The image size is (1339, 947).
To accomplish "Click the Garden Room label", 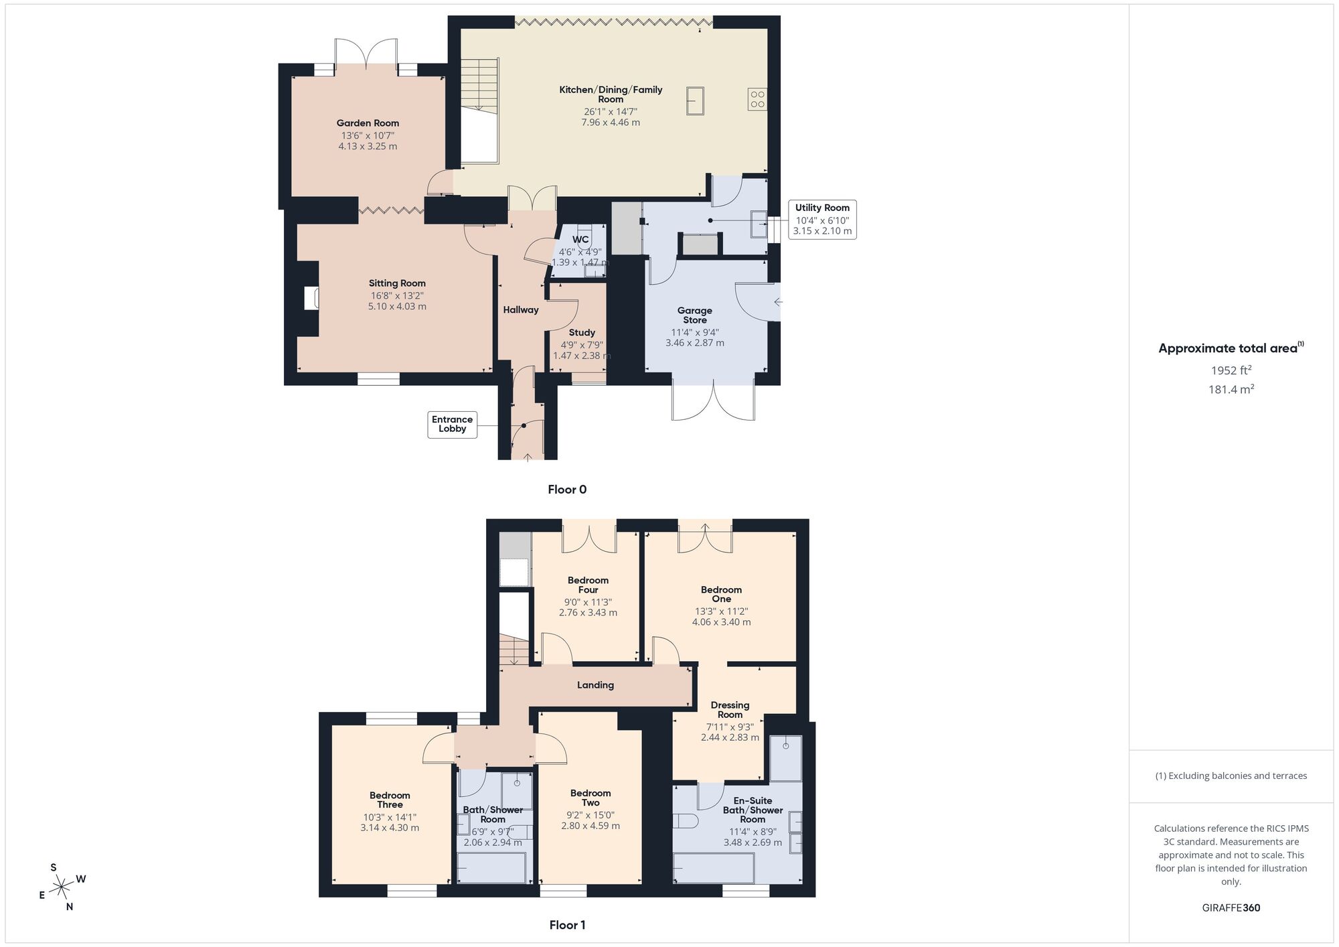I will pyautogui.click(x=368, y=123).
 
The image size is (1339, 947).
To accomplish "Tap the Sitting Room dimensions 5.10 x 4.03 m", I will pyautogui.click(x=397, y=307).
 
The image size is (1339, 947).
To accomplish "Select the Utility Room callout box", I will pyautogui.click(x=822, y=219).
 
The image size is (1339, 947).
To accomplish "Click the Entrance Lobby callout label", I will pyautogui.click(x=452, y=424).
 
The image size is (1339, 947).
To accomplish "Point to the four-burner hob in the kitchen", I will pyautogui.click(x=757, y=99).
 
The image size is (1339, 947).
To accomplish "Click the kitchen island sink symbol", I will pyautogui.click(x=695, y=101).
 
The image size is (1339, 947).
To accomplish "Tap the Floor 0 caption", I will pyautogui.click(x=566, y=490).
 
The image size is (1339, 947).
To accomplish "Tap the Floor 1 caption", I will pyautogui.click(x=567, y=925).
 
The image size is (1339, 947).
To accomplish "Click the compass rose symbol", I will pyautogui.click(x=62, y=887).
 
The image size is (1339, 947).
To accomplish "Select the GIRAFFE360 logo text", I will pyautogui.click(x=1231, y=908).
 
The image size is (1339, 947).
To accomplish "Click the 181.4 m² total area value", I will pyautogui.click(x=1231, y=389).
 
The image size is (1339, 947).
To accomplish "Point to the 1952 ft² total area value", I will pyautogui.click(x=1231, y=370).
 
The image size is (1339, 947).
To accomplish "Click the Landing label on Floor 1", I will pyautogui.click(x=595, y=685).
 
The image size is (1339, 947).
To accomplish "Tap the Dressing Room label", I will pyautogui.click(x=730, y=710).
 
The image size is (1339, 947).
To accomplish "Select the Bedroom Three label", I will pyautogui.click(x=390, y=800).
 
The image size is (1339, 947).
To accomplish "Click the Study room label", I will pyautogui.click(x=582, y=333).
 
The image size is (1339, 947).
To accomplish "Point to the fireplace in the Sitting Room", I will pyautogui.click(x=311, y=298).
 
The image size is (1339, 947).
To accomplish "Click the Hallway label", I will pyautogui.click(x=520, y=310).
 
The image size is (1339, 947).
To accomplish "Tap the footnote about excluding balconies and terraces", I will pyautogui.click(x=1231, y=776).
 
